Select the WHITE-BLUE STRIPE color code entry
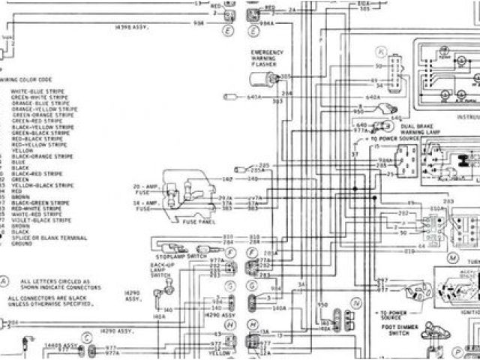(x=38, y=91)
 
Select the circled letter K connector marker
(x=382, y=52)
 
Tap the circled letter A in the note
(x=4, y=282)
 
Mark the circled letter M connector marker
(x=452, y=257)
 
